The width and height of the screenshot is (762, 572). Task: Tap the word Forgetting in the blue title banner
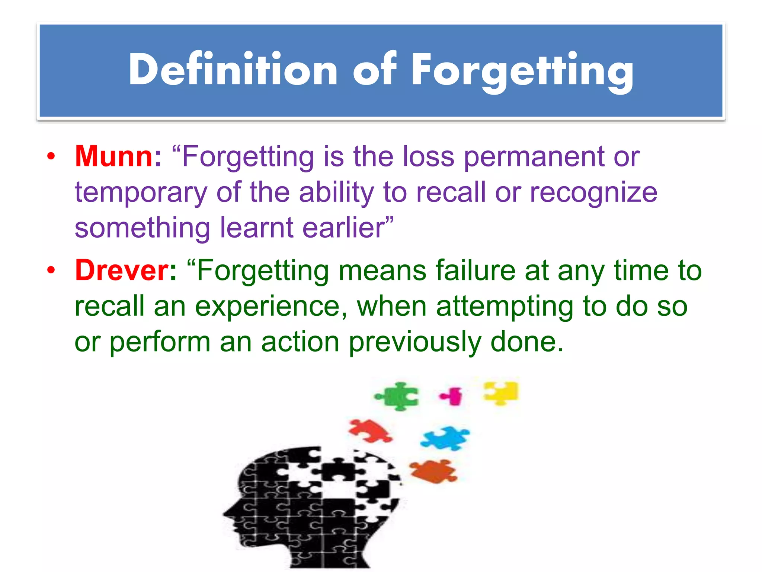(522, 71)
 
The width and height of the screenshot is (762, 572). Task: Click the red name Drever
(122, 270)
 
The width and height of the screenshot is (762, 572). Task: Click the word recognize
(593, 193)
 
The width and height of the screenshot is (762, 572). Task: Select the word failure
(476, 270)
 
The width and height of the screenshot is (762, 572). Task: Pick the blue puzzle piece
(445, 438)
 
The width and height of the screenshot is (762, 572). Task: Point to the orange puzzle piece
(433, 471)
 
